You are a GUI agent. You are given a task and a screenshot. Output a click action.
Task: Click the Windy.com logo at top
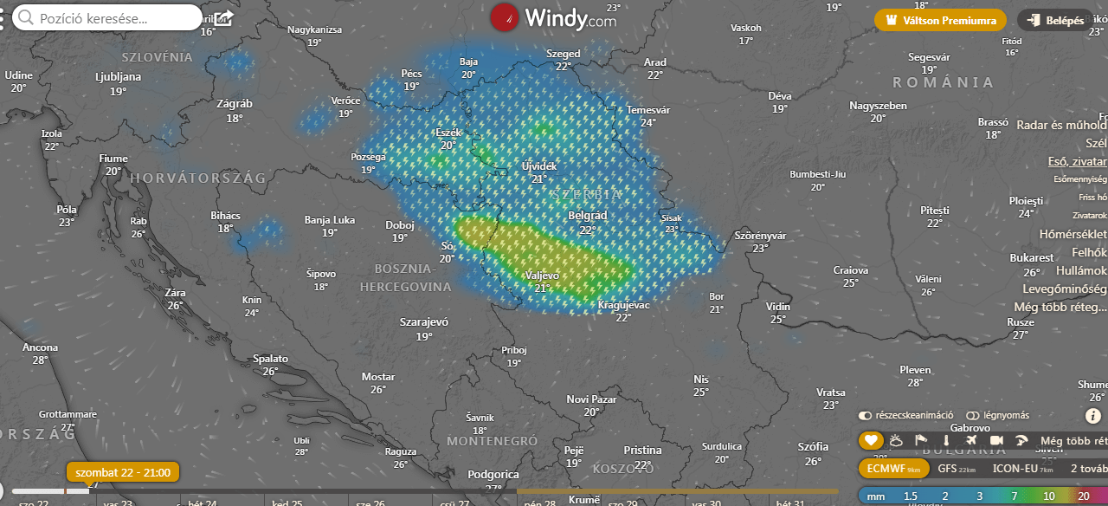tap(554, 17)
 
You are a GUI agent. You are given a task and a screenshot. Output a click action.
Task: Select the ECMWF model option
tap(893, 469)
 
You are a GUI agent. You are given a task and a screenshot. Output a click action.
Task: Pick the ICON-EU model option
tap(1022, 469)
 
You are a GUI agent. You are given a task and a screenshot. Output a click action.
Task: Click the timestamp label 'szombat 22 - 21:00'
tap(123, 472)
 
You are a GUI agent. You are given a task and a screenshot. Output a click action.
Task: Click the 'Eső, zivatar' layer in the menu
tap(1077, 161)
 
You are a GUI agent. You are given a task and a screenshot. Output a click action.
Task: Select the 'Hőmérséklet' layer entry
tap(1073, 234)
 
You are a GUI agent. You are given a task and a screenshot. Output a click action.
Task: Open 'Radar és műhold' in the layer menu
tap(1061, 125)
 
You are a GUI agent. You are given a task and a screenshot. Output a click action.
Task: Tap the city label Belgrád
tap(588, 216)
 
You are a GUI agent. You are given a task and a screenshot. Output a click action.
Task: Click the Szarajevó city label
tap(424, 322)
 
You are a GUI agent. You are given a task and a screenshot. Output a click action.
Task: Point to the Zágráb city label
tap(235, 104)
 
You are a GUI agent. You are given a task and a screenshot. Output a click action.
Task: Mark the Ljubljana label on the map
tap(119, 76)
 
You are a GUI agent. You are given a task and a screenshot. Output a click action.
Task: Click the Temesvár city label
tap(648, 110)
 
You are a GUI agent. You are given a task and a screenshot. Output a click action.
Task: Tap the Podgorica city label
tap(493, 475)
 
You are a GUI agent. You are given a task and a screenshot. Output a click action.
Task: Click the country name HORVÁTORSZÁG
tap(198, 178)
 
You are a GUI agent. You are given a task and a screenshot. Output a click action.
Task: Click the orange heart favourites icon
tap(871, 441)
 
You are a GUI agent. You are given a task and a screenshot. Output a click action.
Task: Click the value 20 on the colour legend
tap(1083, 496)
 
